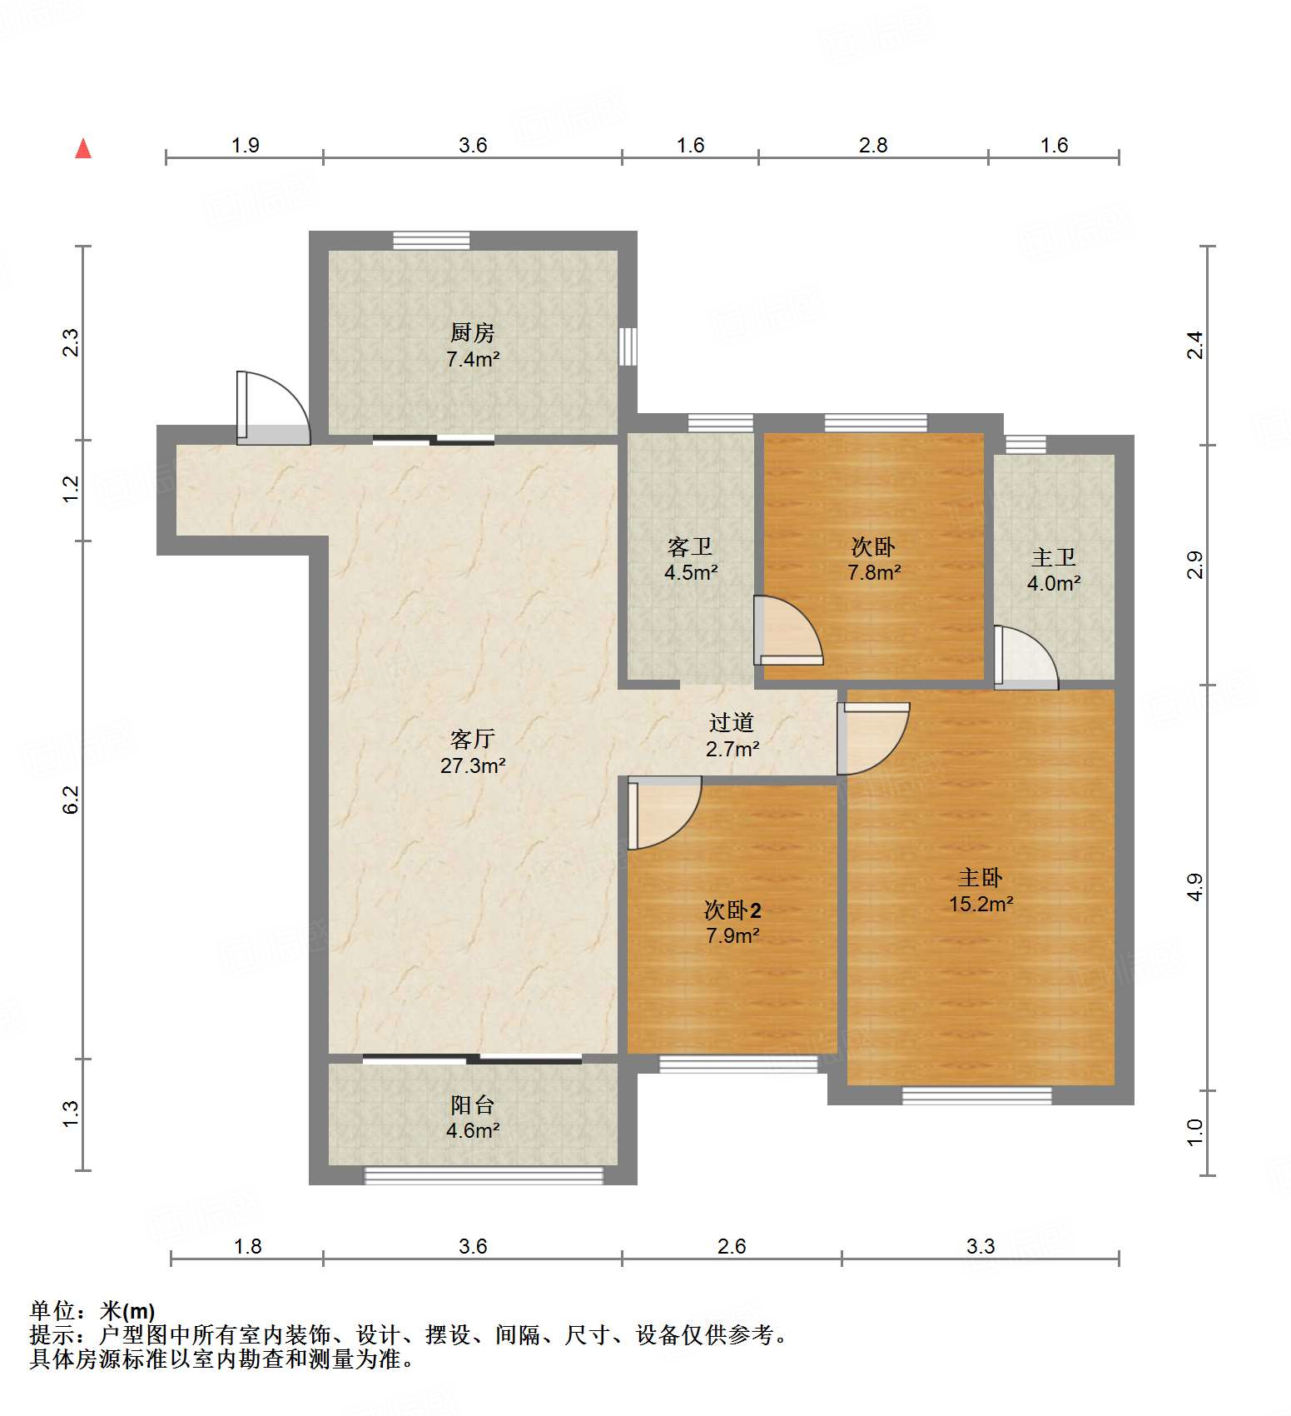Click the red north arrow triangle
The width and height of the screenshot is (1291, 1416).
coord(83,149)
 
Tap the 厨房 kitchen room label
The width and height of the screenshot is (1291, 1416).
coord(472,333)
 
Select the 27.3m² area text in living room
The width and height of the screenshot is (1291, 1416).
coord(472,765)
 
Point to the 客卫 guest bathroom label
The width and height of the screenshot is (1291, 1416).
coord(690,547)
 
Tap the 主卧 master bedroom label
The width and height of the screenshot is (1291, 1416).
coord(981,877)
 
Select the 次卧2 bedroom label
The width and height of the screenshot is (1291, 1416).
coord(732,910)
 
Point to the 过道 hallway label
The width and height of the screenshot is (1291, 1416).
coord(732,722)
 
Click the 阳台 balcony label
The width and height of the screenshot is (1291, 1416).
coord(472,1104)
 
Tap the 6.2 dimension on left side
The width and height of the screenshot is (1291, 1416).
coord(72,800)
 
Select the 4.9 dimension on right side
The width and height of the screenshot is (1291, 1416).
coord(1195,887)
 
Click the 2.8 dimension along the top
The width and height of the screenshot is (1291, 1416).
coord(873,146)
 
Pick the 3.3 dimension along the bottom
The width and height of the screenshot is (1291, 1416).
coord(981,1246)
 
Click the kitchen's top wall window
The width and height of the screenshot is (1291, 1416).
coord(431,241)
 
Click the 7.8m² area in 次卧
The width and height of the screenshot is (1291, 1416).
coord(873,573)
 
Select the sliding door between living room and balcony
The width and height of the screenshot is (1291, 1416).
coord(472,1060)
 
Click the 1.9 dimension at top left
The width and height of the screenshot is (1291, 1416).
coord(245,146)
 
